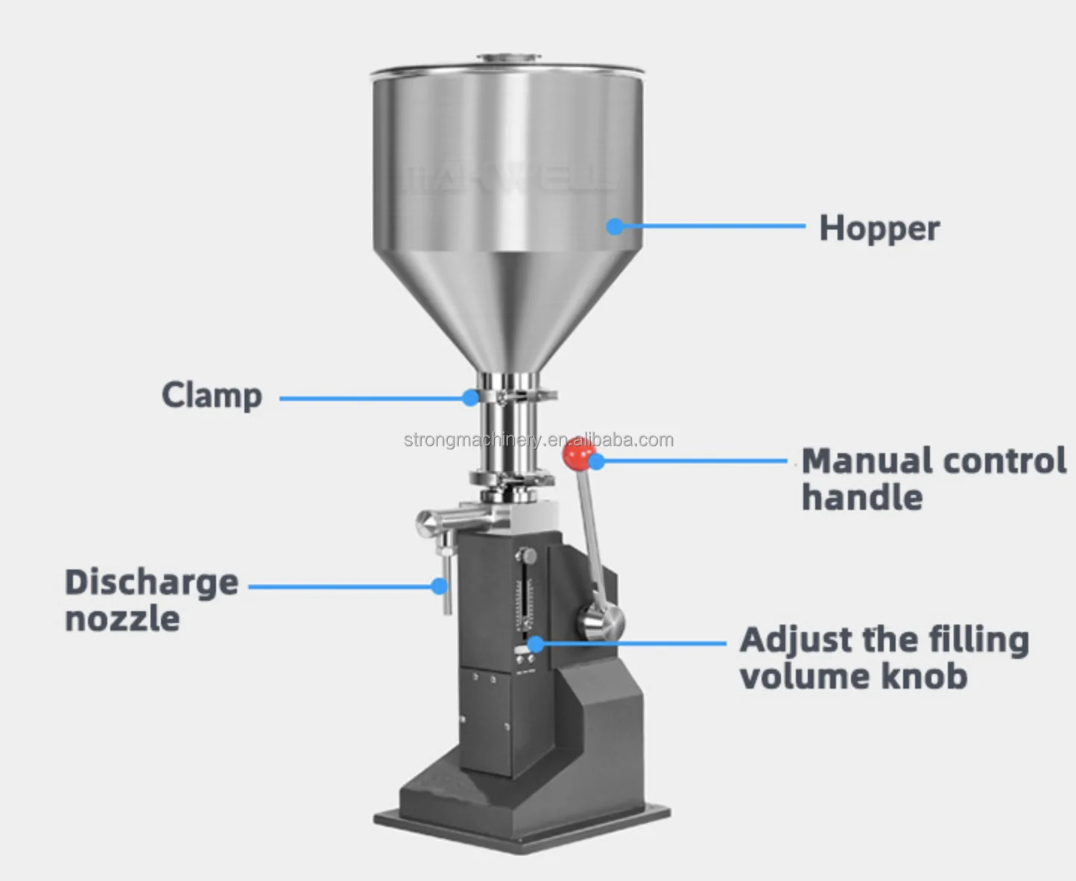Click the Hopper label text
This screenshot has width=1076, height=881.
tap(879, 228)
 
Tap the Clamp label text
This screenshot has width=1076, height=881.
tap(212, 395)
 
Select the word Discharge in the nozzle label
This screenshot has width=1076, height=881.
tap(151, 582)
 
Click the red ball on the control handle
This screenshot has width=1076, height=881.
tap(577, 454)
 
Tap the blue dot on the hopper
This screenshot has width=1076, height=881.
tap(615, 226)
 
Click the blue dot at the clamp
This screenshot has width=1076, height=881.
tap(470, 398)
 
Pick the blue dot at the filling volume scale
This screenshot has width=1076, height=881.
tap(536, 643)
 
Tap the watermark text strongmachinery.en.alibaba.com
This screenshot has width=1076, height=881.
tap(538, 440)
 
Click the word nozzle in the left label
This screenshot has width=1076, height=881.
tap(122, 619)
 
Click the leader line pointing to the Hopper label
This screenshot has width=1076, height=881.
tap(712, 225)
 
